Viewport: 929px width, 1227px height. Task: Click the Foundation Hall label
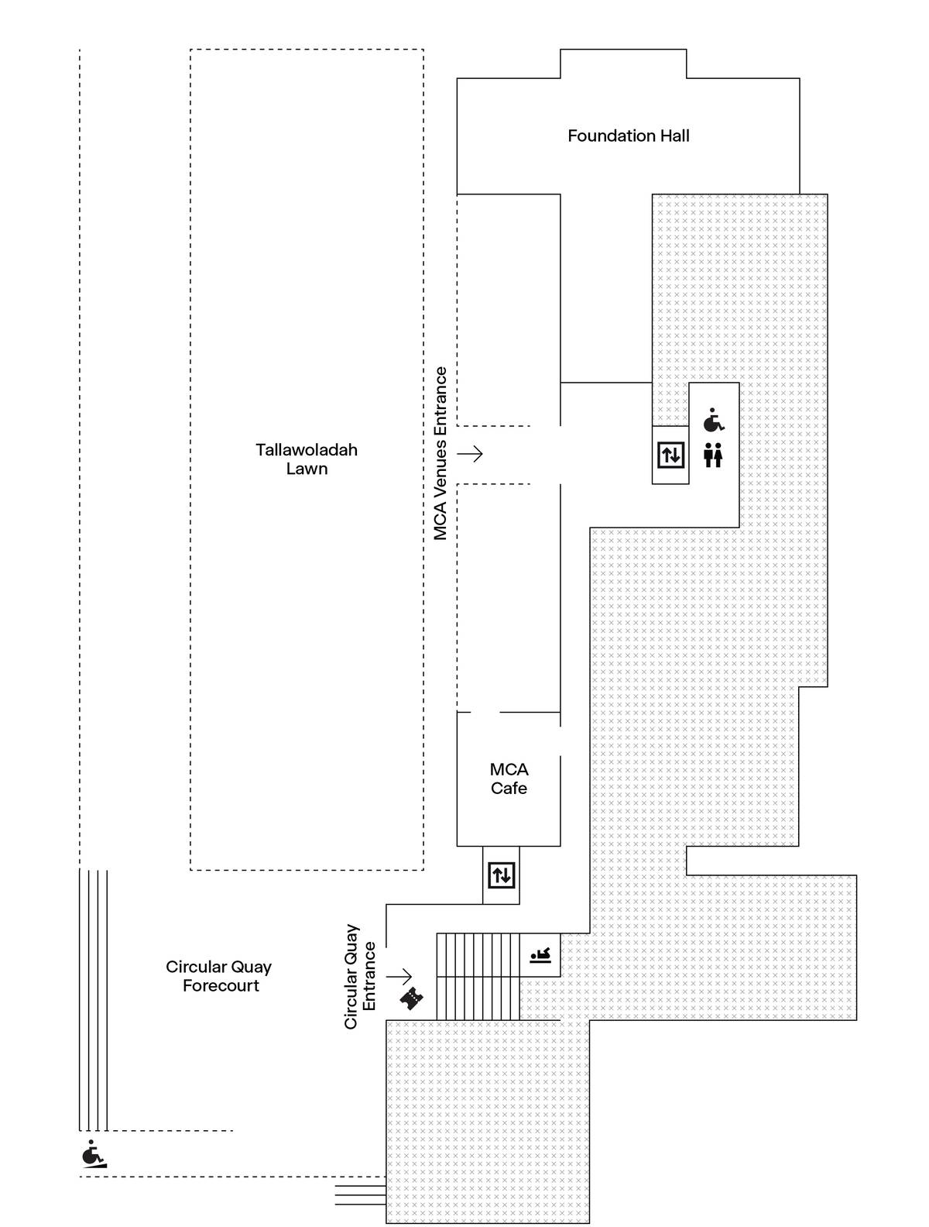click(x=628, y=136)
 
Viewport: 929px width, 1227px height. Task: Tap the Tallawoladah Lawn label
click(x=307, y=459)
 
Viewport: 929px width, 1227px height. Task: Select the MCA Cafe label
click(x=509, y=778)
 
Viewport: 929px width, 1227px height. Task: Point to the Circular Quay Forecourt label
click(x=219, y=976)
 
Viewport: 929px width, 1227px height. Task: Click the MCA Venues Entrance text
click(x=441, y=453)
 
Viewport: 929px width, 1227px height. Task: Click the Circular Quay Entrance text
click(x=360, y=976)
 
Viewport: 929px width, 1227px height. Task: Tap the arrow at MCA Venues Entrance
click(x=470, y=453)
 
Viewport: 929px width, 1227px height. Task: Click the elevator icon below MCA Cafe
click(x=501, y=875)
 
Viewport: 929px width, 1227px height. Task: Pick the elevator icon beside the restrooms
click(x=670, y=455)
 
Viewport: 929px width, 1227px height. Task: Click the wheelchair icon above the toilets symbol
click(x=713, y=421)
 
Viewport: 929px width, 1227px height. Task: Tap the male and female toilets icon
click(x=713, y=455)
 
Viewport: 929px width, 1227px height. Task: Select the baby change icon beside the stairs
click(x=540, y=955)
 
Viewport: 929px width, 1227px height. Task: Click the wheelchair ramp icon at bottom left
click(x=94, y=1154)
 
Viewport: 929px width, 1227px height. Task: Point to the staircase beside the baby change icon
click(x=477, y=976)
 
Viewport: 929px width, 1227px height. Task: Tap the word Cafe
click(x=509, y=789)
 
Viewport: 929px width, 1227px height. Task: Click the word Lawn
click(x=307, y=469)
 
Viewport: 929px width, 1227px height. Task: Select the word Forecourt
click(x=221, y=986)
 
